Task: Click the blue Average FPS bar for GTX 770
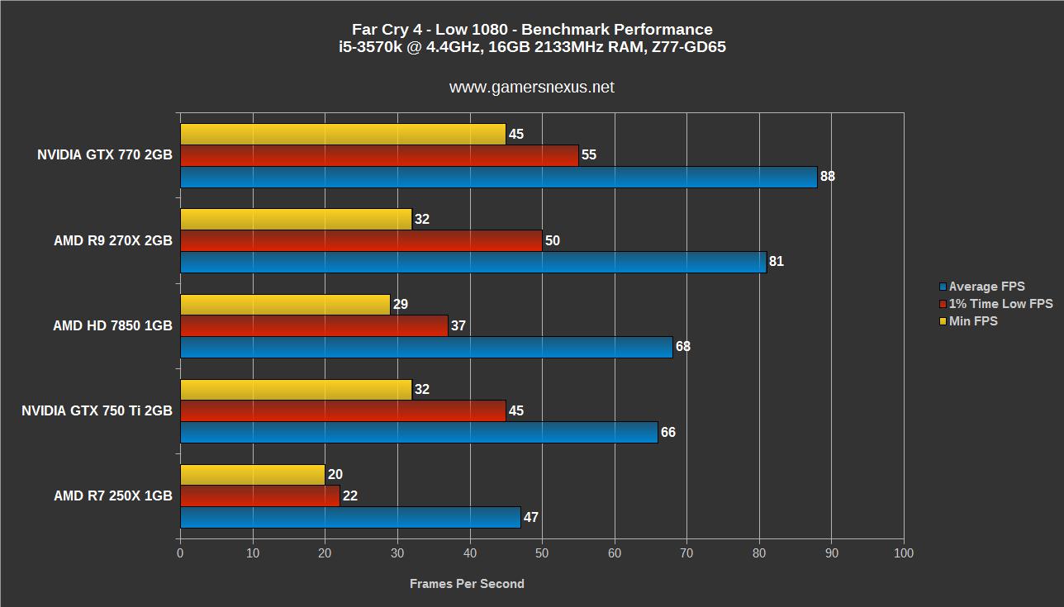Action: click(498, 177)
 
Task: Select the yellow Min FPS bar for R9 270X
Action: click(296, 219)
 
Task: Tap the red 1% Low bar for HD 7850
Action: click(314, 325)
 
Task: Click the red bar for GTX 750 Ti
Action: click(343, 410)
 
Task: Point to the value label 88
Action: click(827, 177)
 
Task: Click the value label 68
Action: click(682, 347)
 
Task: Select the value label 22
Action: click(349, 496)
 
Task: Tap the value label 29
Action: click(401, 304)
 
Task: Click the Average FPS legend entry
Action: click(986, 287)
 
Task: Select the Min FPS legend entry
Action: click(973, 321)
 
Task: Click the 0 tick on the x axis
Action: click(180, 553)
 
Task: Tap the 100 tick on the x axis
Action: click(904, 553)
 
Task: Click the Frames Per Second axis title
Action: click(467, 584)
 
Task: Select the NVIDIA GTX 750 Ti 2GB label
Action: click(97, 410)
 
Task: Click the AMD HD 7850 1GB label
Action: click(112, 325)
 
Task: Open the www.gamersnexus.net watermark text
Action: click(531, 87)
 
